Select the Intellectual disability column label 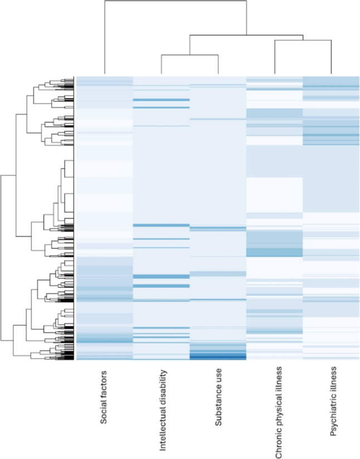[162, 409]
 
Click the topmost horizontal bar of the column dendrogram [175, 1]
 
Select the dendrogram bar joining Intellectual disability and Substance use [189, 55]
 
